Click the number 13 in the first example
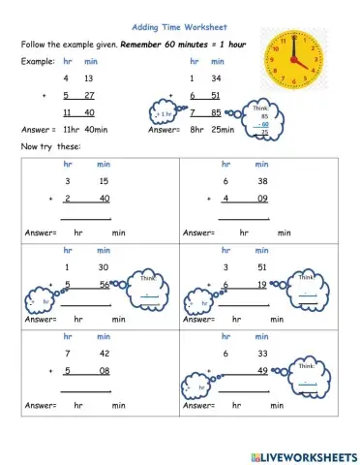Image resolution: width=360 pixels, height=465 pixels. [x=88, y=77]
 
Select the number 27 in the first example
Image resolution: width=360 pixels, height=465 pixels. [x=88, y=95]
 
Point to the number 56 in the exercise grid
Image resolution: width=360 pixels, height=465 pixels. [x=104, y=284]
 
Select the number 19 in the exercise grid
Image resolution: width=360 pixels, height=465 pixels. [x=261, y=284]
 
